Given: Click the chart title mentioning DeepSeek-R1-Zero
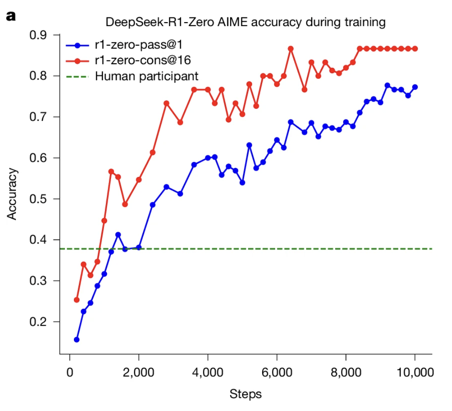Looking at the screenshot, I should click(245, 22).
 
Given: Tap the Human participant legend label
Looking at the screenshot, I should click(147, 76).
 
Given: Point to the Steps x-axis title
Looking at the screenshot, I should click(245, 394).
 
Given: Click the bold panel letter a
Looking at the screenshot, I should click(10, 17).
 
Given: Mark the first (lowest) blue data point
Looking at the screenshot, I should click(77, 339).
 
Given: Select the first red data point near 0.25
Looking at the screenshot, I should click(77, 300).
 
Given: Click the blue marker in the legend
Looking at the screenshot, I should click(77, 45).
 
